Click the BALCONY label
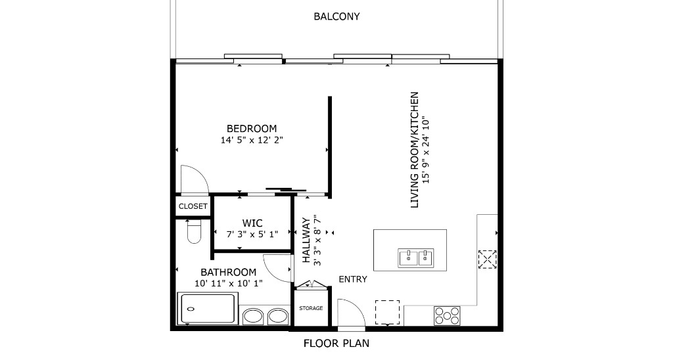[336, 16]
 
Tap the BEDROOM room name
[252, 129]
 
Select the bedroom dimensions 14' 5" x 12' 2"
[252, 140]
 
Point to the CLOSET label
[193, 206]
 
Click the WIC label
[252, 223]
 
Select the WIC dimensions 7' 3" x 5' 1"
[252, 234]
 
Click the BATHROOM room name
[228, 272]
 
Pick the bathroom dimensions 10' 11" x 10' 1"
[228, 283]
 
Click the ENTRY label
[352, 279]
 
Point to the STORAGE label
[311, 308]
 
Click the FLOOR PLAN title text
[336, 343]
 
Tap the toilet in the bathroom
[193, 231]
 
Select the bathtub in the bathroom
[208, 309]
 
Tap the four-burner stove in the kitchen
[447, 316]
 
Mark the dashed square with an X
[487, 259]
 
